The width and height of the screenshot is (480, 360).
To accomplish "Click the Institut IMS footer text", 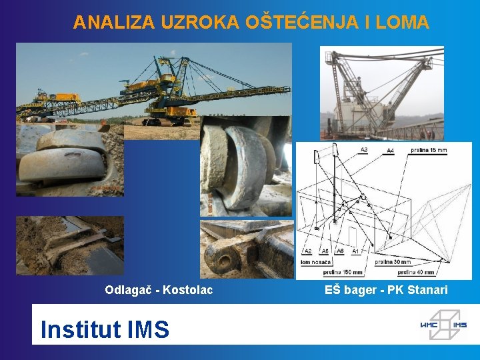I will pyautogui.click(x=105, y=329).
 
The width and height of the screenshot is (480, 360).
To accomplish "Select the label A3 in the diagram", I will pyautogui.click(x=363, y=150).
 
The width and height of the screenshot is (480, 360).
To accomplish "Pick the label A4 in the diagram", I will pyautogui.click(x=389, y=151).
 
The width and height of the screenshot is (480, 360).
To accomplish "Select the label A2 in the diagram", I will pyautogui.click(x=307, y=251).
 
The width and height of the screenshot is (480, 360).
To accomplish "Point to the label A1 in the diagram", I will pyautogui.click(x=355, y=251).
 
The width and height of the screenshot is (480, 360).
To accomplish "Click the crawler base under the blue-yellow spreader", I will pyautogui.click(x=160, y=121).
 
